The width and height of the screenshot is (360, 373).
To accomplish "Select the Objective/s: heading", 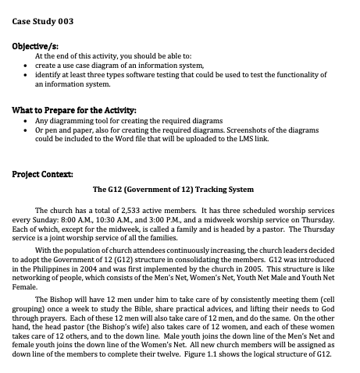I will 34,48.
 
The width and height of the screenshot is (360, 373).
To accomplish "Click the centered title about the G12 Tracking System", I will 173,190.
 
